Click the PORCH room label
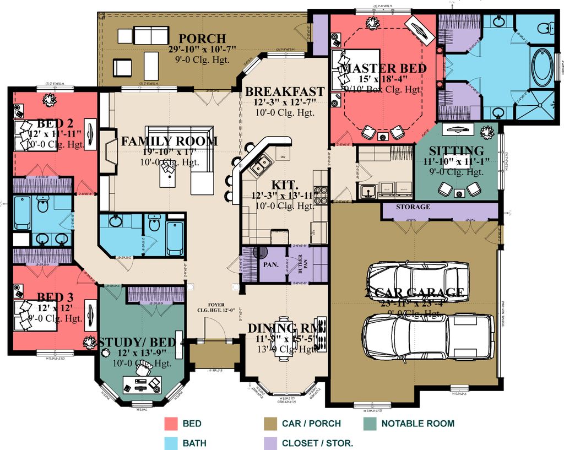[x=197, y=39]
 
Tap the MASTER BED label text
[x=384, y=69]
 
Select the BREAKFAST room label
[x=284, y=91]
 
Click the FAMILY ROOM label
[x=169, y=142]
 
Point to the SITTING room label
[x=457, y=151]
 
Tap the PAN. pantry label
[x=270, y=264]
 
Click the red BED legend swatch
[x=171, y=424]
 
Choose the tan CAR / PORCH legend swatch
[x=270, y=424]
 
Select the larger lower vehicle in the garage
[x=427, y=337]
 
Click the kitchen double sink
[x=258, y=163]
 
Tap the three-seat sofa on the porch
[x=150, y=36]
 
